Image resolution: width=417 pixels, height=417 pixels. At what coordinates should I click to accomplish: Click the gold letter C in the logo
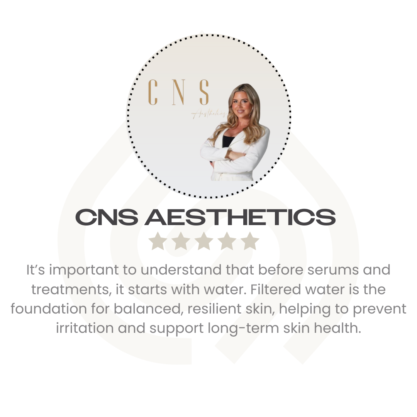pos(153,92)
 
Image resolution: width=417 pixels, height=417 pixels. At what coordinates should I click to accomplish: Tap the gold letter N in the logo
pos(178,92)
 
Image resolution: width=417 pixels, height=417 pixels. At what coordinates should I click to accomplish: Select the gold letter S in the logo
pos(204,92)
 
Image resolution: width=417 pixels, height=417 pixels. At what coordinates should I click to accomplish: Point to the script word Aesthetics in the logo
pos(209,114)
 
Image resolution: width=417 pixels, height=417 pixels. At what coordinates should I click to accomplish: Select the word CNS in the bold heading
pos(107,217)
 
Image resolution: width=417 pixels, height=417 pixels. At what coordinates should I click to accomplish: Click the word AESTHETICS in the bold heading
pos(240,217)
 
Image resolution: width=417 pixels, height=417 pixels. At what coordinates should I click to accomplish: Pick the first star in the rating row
pos(158,241)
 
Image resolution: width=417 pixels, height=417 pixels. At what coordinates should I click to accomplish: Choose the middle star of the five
pos(204,241)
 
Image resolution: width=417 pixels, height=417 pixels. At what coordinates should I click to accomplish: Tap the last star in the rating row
pos(250,241)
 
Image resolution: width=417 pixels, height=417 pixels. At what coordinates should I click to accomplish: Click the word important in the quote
pos(84,270)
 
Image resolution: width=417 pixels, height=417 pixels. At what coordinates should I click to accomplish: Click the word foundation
pos(49,309)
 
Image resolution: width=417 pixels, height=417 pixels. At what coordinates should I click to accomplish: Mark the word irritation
pos(85,328)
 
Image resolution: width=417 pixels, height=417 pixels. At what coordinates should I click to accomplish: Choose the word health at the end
pos(337,328)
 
